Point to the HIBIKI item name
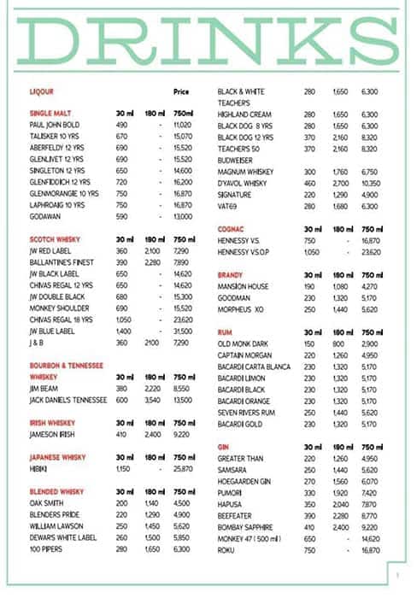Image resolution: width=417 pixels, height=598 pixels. click(x=39, y=469)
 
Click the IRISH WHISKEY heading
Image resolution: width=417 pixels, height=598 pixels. click(x=52, y=422)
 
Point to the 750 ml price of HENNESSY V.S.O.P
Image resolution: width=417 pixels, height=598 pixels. click(x=369, y=252)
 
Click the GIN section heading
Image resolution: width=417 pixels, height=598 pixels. click(x=223, y=446)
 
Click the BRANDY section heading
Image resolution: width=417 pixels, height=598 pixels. click(x=231, y=275)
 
